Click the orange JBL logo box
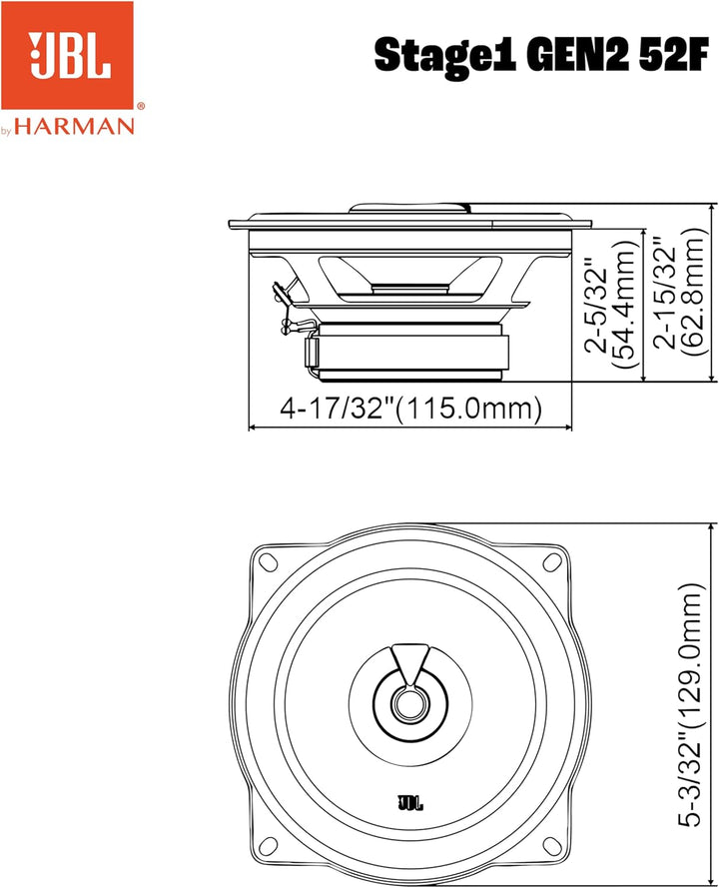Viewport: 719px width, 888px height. [x=69, y=57]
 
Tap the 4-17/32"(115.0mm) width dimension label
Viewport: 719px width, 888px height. [x=410, y=409]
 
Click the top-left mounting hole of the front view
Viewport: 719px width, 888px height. [x=267, y=559]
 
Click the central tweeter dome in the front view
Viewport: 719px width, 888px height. [x=407, y=701]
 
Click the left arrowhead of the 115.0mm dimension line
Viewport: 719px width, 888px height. [x=252, y=428]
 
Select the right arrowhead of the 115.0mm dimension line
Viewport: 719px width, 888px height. [x=569, y=428]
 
